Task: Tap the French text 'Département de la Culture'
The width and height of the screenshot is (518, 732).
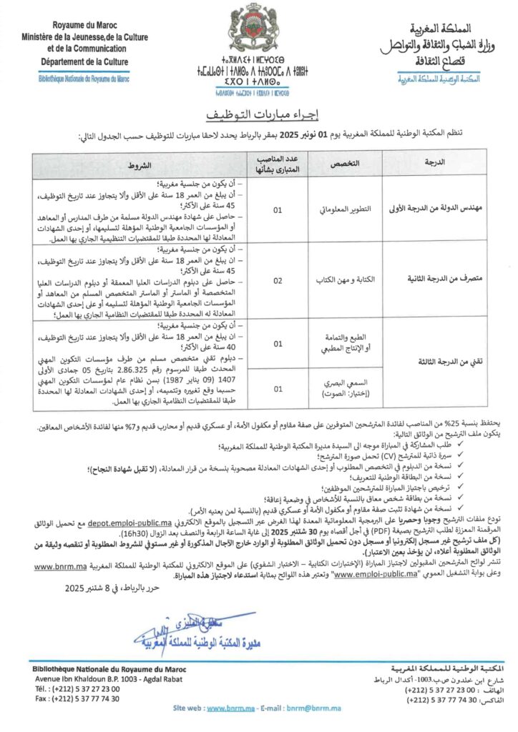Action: [x=80, y=62]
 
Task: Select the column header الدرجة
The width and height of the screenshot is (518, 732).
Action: [x=435, y=164]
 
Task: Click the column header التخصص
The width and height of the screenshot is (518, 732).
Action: [x=339, y=164]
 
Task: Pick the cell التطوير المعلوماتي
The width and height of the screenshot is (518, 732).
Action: [x=339, y=211]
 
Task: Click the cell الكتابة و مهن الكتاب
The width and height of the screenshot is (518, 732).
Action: [x=339, y=279]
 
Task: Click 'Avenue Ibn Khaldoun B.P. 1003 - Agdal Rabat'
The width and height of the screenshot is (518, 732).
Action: [x=99, y=678]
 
